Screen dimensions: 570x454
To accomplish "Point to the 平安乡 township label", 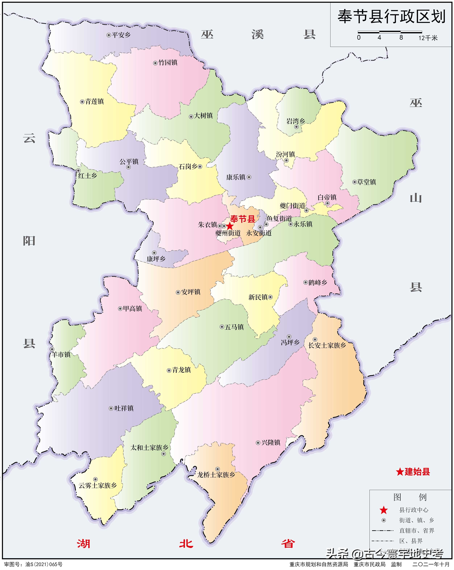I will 121,35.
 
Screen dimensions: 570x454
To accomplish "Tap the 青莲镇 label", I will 94,101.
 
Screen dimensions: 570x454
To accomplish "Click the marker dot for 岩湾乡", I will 296,127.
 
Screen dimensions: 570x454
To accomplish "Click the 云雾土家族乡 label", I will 98,485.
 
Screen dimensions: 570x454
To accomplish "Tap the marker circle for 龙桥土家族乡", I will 217,469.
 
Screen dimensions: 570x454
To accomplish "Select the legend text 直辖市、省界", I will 416,530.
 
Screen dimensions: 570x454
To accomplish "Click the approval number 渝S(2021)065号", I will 44,564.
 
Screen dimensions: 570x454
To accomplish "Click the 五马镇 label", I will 234,327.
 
